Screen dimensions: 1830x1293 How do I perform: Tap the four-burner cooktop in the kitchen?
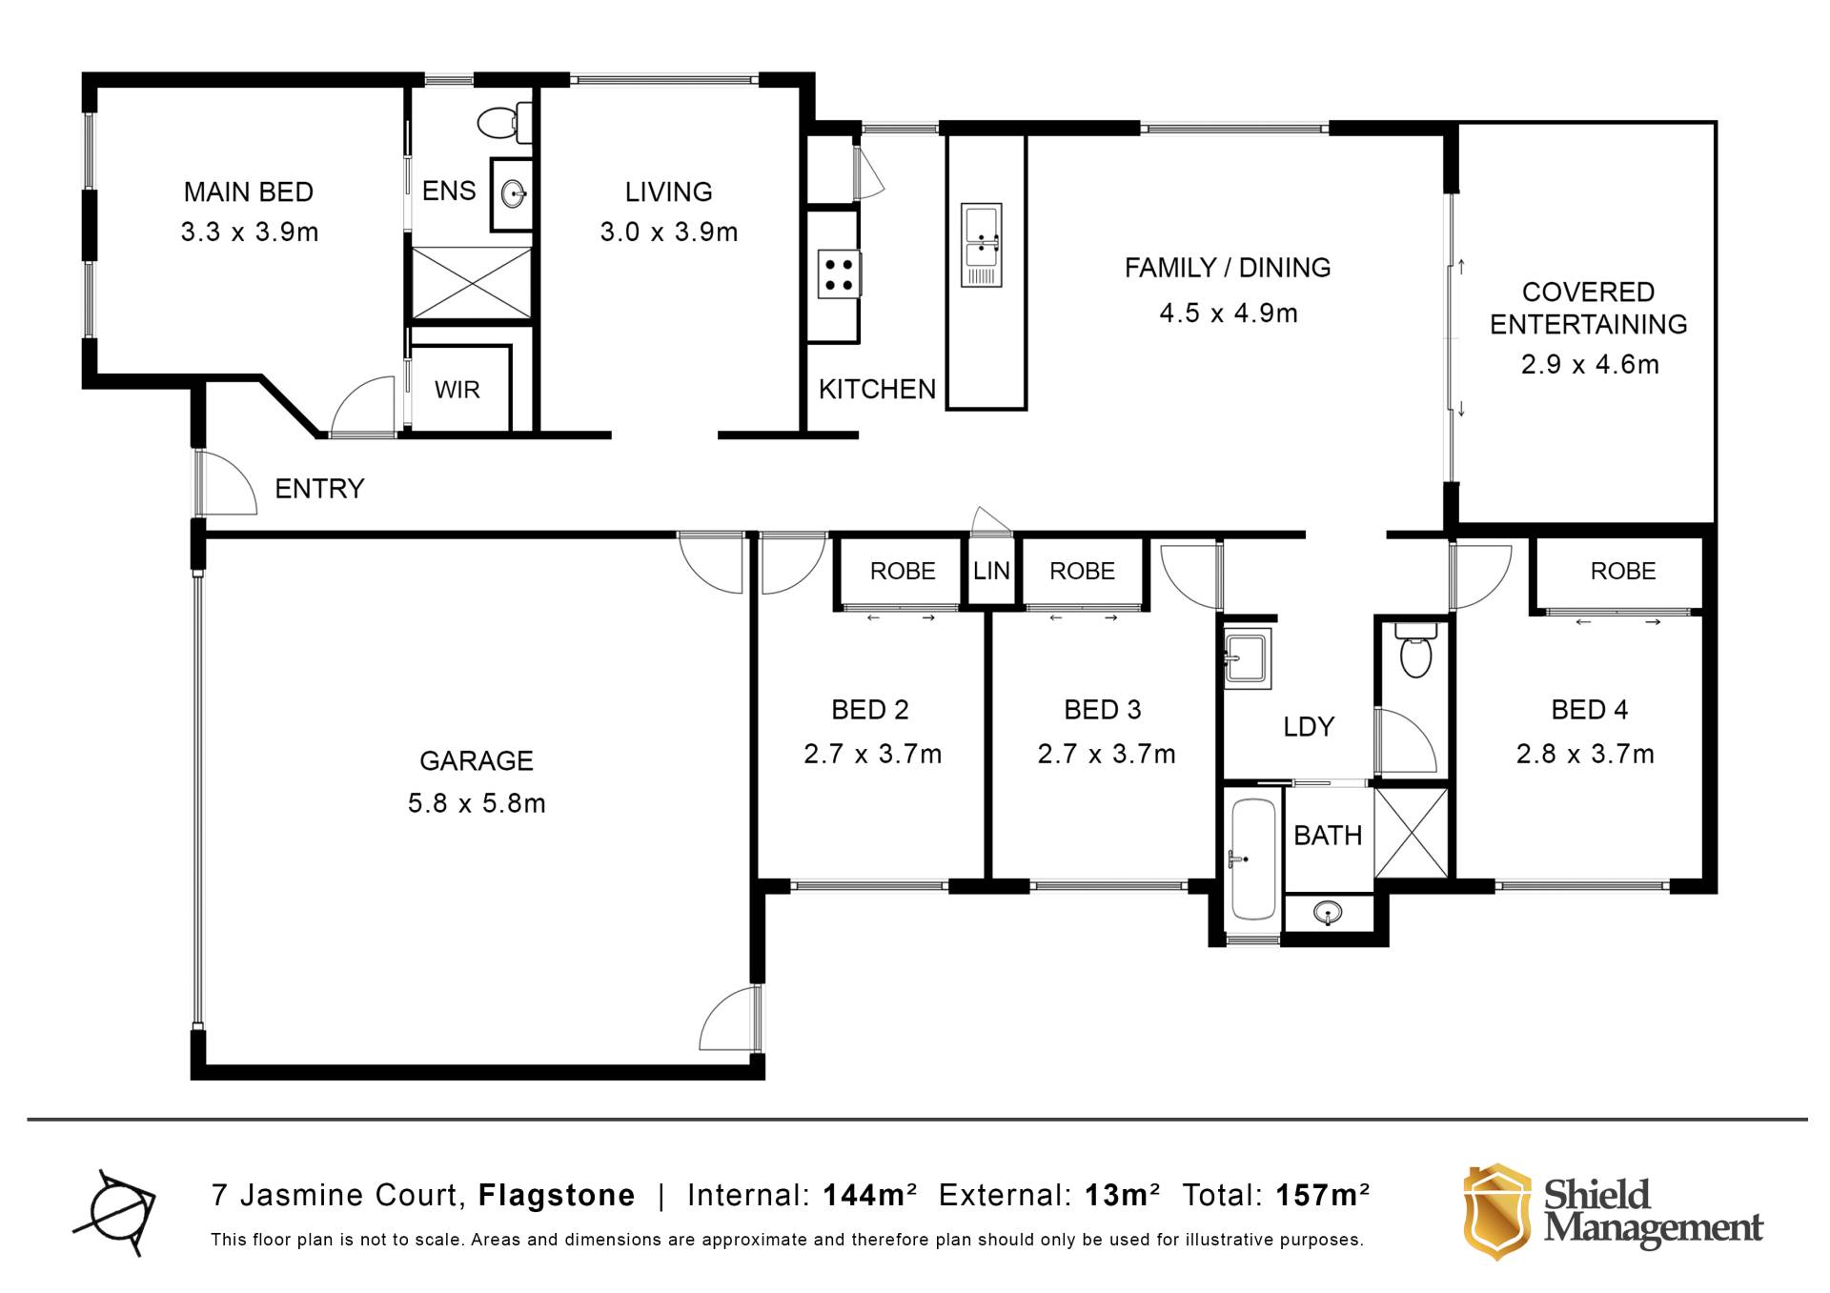pos(839,274)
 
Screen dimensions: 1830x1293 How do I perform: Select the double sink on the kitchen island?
pos(981,245)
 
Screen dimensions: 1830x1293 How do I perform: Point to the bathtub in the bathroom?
pos(1252,859)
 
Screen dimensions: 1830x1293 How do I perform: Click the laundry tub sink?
pos(1248,657)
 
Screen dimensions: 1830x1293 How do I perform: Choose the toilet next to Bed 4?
pos(1415,650)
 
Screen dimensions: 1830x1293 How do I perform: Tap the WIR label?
pos(457,390)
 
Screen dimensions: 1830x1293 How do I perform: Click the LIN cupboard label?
pos(991,571)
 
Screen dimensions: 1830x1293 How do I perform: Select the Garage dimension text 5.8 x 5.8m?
pos(477,803)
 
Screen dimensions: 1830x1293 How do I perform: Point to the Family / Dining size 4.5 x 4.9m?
pos(1229,313)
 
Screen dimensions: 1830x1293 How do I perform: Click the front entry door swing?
pos(227,483)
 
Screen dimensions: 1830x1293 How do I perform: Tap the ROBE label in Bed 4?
pos(1623,571)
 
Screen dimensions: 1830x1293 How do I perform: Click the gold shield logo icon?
pos(1497,1211)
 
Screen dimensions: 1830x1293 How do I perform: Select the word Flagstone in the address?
pos(557,1195)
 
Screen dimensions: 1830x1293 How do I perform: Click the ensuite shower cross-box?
pos(472,283)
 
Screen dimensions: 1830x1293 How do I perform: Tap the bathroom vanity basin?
pos(1329,913)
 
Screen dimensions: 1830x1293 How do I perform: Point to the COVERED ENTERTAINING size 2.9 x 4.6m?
pos(1590,364)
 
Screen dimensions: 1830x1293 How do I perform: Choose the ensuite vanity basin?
pos(514,194)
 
